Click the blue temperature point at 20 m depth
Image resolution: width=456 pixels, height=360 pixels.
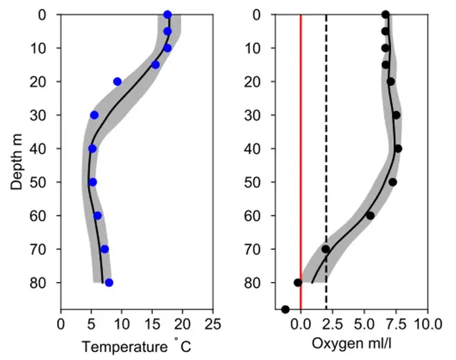tap(118, 81)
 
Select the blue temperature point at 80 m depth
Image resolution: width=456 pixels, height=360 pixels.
tap(109, 283)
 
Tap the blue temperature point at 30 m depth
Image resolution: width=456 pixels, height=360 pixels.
tap(94, 115)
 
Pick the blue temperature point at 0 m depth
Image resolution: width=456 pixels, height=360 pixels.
tap(167, 14)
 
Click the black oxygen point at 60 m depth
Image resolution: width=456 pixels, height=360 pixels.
tap(370, 216)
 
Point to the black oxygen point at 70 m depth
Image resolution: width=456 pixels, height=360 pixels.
tap(325, 249)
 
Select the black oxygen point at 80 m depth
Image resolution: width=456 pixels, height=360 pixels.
tap(298, 283)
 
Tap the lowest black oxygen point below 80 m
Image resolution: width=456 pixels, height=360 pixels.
tap(285, 309)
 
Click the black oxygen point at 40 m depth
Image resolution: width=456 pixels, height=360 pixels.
tap(398, 149)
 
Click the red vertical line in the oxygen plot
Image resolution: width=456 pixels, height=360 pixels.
tap(301, 179)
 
